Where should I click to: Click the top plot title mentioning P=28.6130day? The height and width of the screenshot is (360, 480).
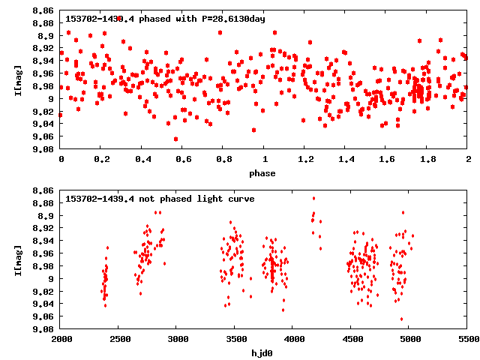[x=165, y=18]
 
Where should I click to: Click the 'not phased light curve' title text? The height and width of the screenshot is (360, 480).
[x=160, y=199]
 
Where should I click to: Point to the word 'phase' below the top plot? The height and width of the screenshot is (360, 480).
[x=262, y=173]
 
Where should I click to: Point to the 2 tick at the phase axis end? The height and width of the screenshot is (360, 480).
[x=468, y=160]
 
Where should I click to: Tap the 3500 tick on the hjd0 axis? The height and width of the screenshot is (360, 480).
[x=235, y=339]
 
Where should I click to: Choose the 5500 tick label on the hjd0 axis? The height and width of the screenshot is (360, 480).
[x=467, y=339]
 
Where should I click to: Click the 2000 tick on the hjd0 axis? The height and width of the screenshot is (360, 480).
[x=61, y=339]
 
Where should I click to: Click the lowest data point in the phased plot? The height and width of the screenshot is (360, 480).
[x=175, y=139]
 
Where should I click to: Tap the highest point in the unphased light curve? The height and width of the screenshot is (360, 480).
[x=313, y=199]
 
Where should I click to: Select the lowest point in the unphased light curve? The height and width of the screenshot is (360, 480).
[x=401, y=319]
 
